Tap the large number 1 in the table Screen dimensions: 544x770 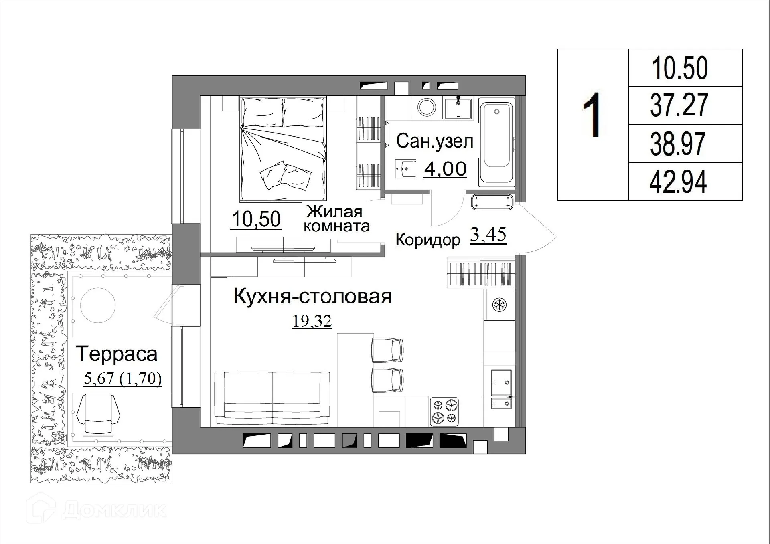click(592, 115)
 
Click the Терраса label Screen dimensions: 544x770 click(117, 354)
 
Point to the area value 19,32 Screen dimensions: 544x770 click(312, 321)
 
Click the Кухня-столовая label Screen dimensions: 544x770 click(312, 297)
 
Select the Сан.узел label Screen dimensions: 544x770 click(435, 141)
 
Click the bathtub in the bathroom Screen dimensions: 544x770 click(496, 142)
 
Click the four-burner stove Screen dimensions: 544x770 click(445, 411)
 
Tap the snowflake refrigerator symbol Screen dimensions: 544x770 click(499, 305)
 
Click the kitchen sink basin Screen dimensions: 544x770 click(501, 382)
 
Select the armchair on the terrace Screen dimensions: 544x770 click(98, 414)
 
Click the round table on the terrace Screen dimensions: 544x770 click(98, 305)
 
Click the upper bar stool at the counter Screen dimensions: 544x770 click(387, 350)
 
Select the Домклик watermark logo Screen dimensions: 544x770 click(96, 510)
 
